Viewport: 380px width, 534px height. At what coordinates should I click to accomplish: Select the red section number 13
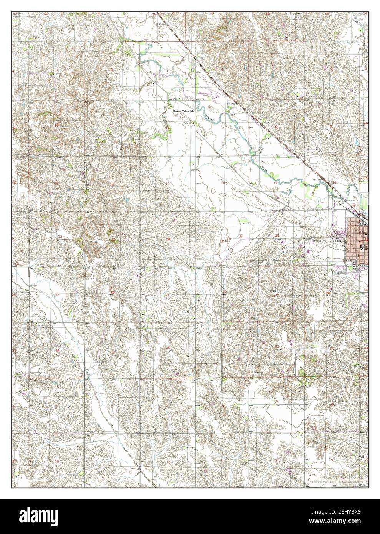click(x=168, y=184)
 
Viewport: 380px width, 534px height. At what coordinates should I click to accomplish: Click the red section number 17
click(x=275, y=183)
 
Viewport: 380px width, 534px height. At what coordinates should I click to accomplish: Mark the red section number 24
click(x=168, y=239)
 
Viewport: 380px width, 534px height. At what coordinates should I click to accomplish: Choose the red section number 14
click(x=112, y=184)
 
